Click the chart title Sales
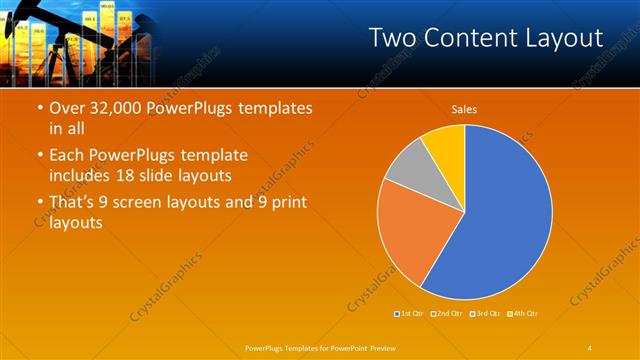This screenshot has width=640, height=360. [464, 109]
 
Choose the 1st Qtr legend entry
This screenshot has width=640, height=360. [410, 314]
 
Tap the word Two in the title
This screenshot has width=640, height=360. [392, 38]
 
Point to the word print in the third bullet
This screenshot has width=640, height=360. [285, 202]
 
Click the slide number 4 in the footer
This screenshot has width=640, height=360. [590, 347]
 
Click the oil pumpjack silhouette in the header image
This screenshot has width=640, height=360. [40, 25]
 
